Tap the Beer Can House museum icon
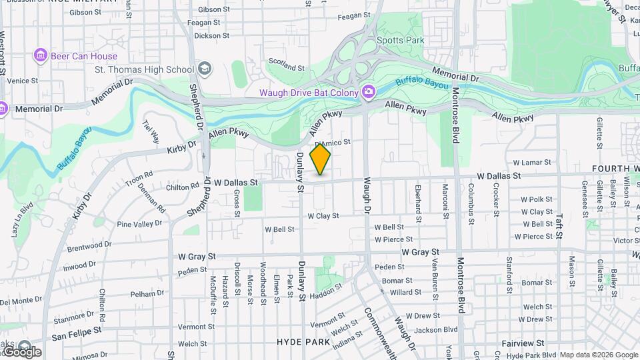point(41,56)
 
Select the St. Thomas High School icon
point(204,69)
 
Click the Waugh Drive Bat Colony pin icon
point(367,91)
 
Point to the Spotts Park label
point(400,40)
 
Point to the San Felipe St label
point(77,329)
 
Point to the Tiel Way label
point(151,131)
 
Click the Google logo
point(21,351)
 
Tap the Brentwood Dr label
point(89,245)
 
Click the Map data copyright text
point(598,355)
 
